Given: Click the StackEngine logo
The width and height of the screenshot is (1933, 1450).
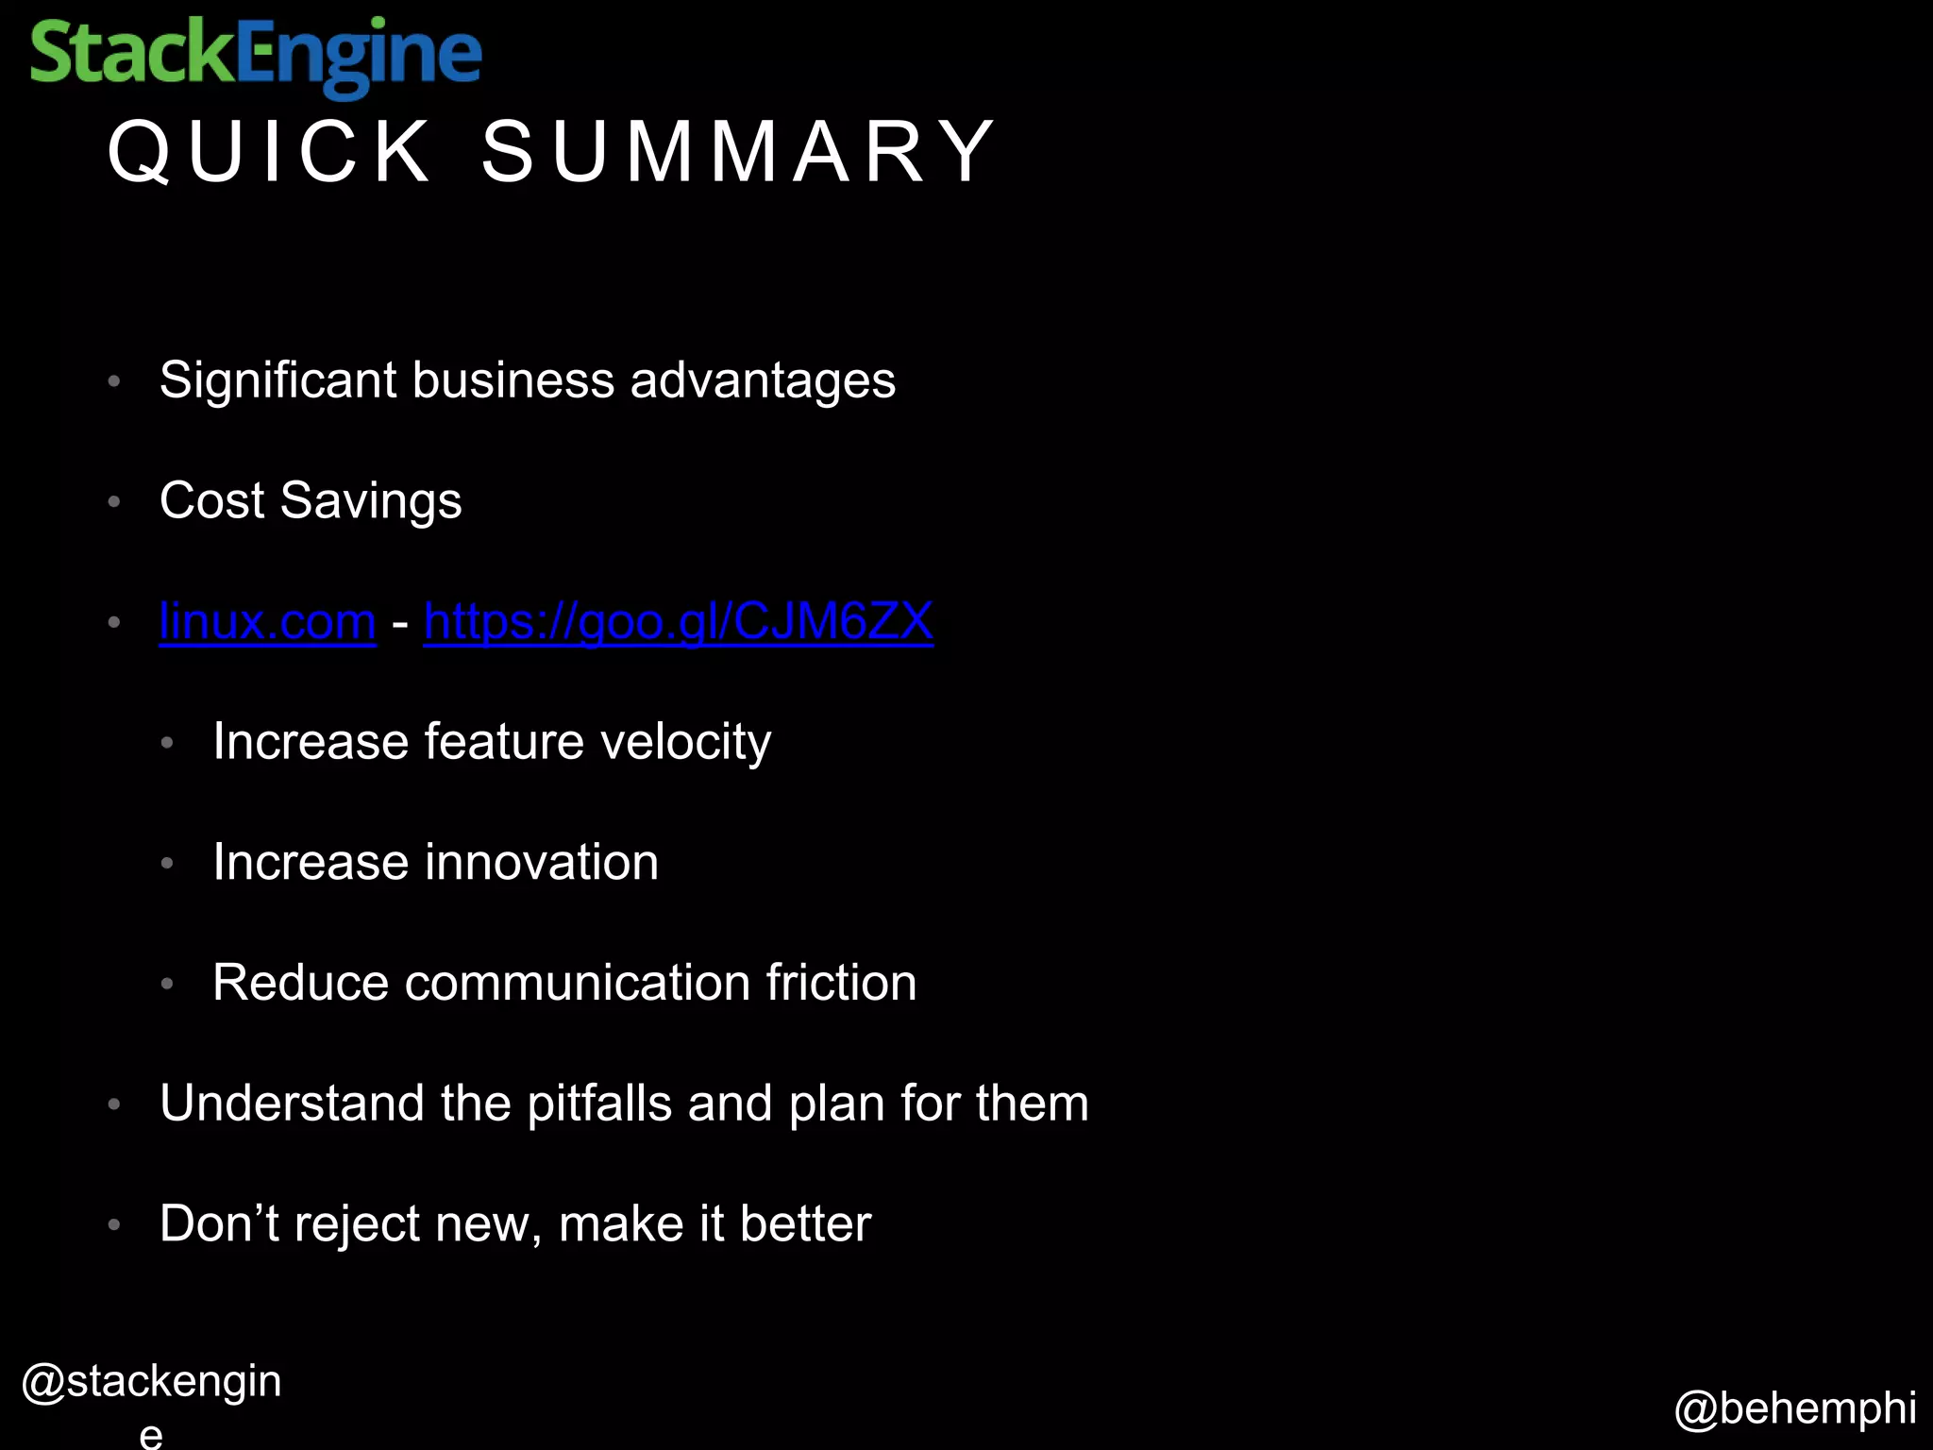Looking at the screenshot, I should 256,56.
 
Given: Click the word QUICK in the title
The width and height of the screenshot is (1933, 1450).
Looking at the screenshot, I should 269,152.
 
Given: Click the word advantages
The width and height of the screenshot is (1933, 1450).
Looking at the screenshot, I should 763,381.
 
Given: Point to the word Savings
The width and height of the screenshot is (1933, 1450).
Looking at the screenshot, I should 371,501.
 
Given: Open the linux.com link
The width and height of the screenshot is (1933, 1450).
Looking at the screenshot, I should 268,622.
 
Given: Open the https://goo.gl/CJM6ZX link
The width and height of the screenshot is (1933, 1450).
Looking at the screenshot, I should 679,622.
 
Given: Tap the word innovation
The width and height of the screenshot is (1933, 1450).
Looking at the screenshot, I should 543,863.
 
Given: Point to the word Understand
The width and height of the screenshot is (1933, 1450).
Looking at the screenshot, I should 292,1104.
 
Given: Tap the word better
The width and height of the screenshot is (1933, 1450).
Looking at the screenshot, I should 805,1224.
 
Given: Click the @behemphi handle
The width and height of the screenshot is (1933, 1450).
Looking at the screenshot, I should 1795,1408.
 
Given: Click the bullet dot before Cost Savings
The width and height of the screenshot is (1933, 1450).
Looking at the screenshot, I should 114,502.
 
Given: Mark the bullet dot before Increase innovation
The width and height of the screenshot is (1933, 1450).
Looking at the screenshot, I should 167,864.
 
